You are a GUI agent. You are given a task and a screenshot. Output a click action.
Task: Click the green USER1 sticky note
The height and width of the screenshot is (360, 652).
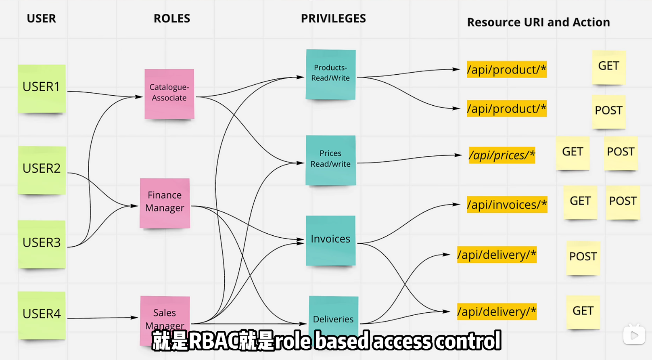pos(42,88)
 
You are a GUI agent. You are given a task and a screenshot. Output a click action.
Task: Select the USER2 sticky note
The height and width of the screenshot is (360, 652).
pos(42,170)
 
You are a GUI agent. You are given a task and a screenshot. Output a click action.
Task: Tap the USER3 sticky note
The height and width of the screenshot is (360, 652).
pos(42,244)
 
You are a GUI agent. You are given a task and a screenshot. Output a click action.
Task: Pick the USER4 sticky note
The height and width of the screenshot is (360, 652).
pos(42,315)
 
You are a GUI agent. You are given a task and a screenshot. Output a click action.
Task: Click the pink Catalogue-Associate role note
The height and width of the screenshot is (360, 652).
pos(169,94)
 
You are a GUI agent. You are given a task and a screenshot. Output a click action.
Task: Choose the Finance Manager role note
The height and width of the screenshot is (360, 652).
pos(165,203)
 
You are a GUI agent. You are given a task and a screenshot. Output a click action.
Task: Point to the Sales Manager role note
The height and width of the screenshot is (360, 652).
pos(165,315)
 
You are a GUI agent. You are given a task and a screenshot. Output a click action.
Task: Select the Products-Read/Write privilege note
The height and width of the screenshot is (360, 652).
pos(330,74)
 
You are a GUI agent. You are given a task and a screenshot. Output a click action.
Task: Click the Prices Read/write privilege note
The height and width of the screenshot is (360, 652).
pos(330,160)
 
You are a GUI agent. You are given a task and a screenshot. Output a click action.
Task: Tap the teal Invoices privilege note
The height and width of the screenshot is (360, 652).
pos(330,240)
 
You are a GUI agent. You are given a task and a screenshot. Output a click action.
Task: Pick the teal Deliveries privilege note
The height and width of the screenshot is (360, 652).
pos(333,313)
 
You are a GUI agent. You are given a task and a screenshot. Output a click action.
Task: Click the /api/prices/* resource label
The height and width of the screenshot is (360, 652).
pos(502,155)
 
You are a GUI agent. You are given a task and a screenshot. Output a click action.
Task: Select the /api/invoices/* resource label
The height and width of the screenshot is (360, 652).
pos(507,205)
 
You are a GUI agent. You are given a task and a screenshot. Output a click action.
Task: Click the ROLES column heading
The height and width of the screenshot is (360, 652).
pos(171,19)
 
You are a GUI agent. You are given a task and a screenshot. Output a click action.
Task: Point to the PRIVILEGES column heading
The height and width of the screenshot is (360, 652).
pos(333,19)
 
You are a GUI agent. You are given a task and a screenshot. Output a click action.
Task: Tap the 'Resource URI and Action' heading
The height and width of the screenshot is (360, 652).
pos(538,23)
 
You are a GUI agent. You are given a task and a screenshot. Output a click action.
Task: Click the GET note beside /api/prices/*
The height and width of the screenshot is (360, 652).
pos(573,153)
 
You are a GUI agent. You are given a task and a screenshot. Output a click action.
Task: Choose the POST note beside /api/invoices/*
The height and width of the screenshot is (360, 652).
pos(623,202)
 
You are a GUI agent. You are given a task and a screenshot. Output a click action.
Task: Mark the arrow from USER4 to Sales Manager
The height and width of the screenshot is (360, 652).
pos(103,318)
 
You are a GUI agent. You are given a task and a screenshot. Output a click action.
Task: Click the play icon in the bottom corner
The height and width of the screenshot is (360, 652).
pos(634,335)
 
